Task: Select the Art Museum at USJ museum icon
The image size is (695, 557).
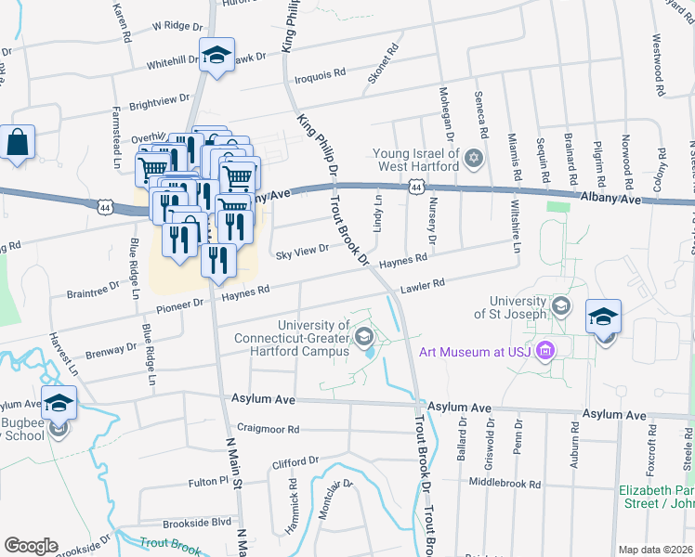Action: [x=545, y=351]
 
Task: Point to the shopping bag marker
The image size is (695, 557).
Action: [x=18, y=144]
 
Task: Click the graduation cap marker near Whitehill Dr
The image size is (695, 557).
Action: [x=216, y=57]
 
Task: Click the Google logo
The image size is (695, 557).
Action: [x=31, y=546]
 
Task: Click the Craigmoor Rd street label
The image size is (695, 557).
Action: [x=268, y=430]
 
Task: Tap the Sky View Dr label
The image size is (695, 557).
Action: [x=301, y=251]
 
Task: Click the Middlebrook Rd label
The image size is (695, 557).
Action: [x=505, y=484]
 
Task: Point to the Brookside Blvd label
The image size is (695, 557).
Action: [x=196, y=523]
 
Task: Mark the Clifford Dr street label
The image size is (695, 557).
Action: [x=295, y=461]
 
